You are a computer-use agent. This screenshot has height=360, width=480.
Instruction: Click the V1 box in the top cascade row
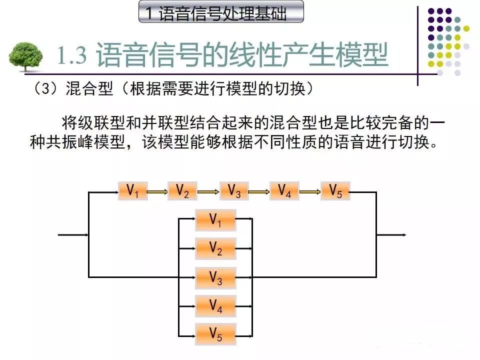(x=133, y=191)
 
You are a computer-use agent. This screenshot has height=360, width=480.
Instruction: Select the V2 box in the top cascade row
(x=182, y=191)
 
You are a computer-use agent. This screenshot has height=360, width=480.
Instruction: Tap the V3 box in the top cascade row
(x=234, y=191)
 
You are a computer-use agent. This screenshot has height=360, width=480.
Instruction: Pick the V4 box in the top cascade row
(x=284, y=191)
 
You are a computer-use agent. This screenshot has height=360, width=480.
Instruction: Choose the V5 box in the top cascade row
(x=335, y=191)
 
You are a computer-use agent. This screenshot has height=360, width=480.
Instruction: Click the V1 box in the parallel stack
(x=215, y=220)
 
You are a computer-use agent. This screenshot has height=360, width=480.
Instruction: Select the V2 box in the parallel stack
(x=215, y=248)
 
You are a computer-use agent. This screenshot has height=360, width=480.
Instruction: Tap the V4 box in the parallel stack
(x=215, y=306)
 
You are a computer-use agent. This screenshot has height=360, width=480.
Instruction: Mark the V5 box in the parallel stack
(x=215, y=334)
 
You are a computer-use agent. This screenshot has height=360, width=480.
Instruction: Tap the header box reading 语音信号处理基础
(x=220, y=12)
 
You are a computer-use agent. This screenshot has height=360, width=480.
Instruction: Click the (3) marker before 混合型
(x=47, y=89)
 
